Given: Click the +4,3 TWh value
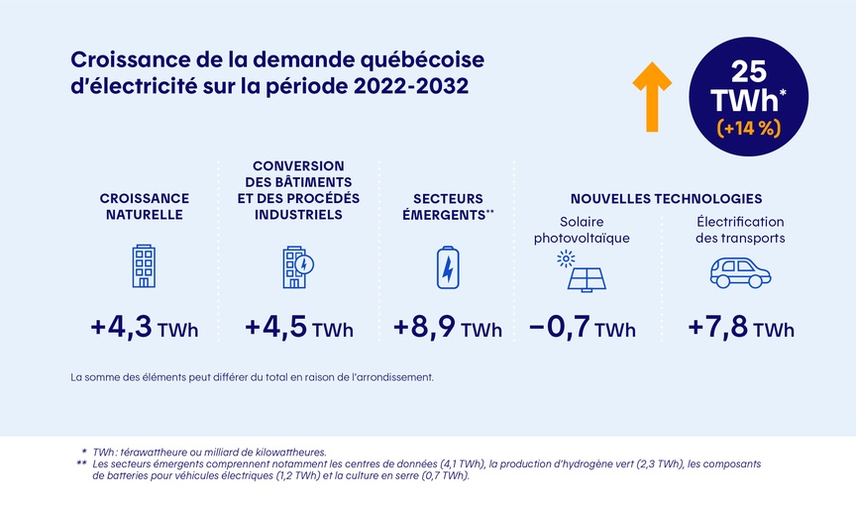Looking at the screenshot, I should (x=144, y=328).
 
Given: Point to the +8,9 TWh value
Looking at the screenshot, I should (x=448, y=328).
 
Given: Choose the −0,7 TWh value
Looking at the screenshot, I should (x=583, y=328).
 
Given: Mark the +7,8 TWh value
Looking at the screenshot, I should (x=741, y=328).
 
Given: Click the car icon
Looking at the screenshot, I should (x=740, y=271).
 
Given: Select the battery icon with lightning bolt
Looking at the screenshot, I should (x=448, y=267).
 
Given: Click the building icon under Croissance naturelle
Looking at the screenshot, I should (x=145, y=266).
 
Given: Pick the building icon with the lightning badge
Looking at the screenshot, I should (x=297, y=266).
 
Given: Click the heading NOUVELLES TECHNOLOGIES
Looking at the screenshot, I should (x=666, y=198).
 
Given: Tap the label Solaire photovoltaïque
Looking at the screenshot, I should (x=582, y=230).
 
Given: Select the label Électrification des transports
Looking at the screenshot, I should (x=740, y=230).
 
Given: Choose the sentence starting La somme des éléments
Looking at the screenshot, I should (x=252, y=377).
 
